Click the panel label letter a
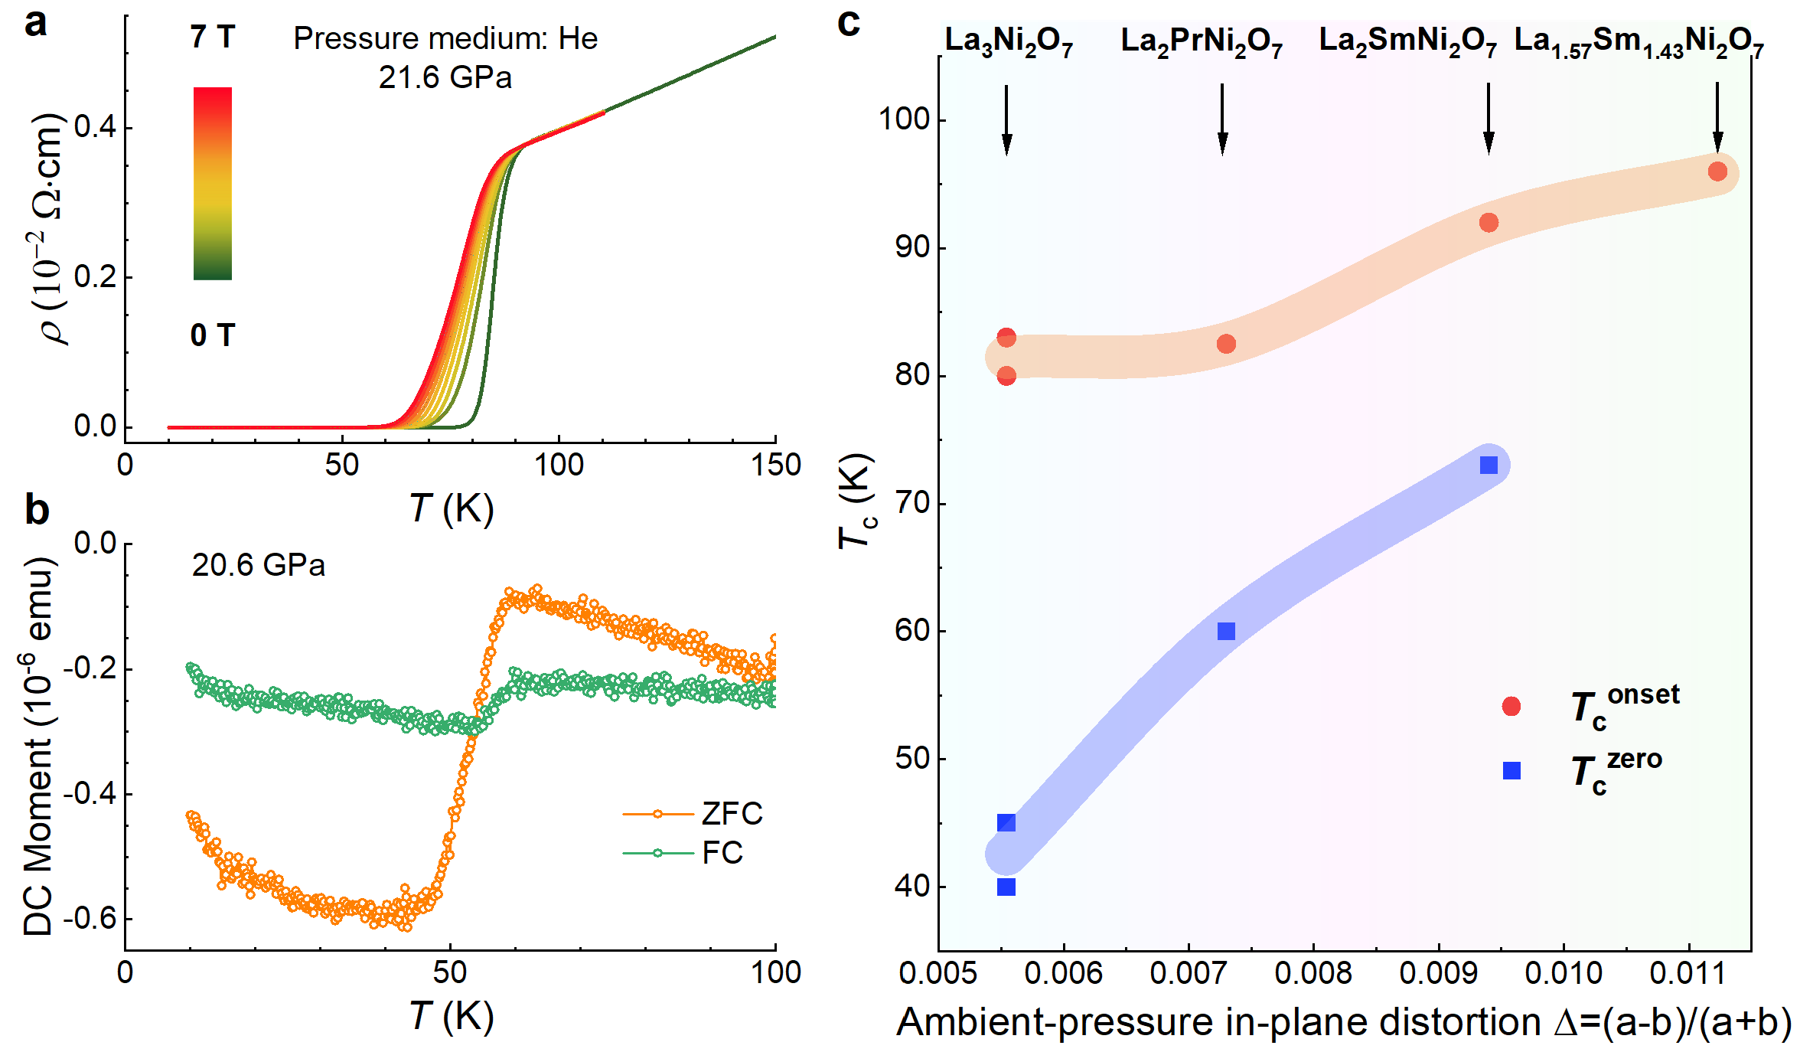[35, 24]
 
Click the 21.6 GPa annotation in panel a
[445, 78]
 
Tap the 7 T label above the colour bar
[212, 38]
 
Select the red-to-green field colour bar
[213, 183]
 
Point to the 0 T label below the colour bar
[212, 335]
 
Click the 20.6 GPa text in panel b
[258, 566]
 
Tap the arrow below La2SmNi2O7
[1489, 119]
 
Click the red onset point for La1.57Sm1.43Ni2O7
[1717, 172]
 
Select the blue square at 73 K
[1489, 465]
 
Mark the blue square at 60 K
[1226, 631]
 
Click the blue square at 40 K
[1006, 887]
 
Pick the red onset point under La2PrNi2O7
[1226, 344]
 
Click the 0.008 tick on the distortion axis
[1313, 973]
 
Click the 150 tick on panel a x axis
[775, 465]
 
